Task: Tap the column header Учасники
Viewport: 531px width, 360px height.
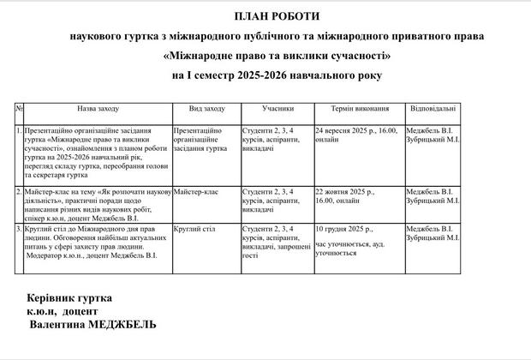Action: click(x=277, y=110)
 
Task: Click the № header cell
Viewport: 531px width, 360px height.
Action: click(x=19, y=110)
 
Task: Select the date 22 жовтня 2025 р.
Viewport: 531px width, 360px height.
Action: click(x=343, y=191)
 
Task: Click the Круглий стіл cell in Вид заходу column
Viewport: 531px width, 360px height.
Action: click(x=194, y=229)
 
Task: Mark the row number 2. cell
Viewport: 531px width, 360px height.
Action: click(x=19, y=191)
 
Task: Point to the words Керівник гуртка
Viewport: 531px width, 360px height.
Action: click(x=69, y=297)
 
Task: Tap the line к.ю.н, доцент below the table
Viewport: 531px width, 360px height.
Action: click(x=63, y=311)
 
